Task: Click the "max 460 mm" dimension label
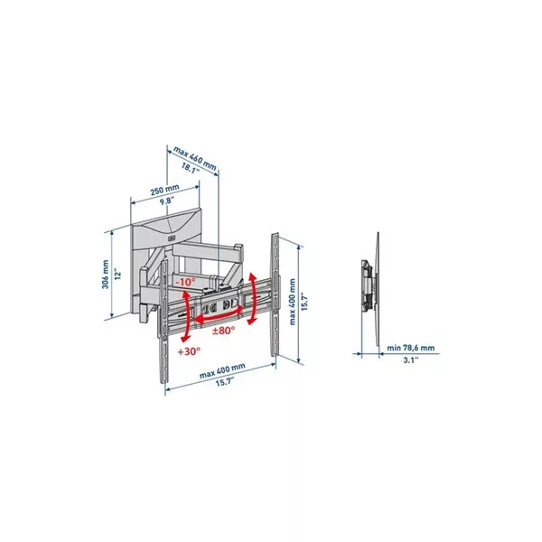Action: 194,159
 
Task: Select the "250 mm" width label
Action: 165,190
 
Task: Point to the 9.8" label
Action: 166,201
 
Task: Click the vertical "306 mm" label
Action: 106,275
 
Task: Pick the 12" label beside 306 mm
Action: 118,275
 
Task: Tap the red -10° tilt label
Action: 185,282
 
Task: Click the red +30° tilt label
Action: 189,352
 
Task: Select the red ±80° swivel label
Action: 223,331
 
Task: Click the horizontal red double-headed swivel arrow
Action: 219,315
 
